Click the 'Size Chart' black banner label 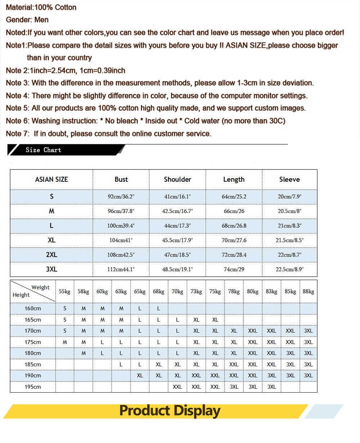coord(43,150)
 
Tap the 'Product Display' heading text coord(170,411)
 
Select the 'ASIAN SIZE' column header coord(51,179)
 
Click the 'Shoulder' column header coord(177,179)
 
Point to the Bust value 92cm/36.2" coord(121,197)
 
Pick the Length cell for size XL coord(234,240)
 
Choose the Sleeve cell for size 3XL coord(290,269)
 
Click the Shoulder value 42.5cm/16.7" coord(177,211)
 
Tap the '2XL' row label coord(51,255)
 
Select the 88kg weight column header coord(309,291)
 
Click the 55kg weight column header coord(64,291)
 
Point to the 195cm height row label coord(33,387)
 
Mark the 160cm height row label coord(33,308)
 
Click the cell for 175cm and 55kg coord(65,342)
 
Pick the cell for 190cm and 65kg coord(140,375)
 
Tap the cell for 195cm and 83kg coord(272,387)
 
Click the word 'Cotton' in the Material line coord(66,7)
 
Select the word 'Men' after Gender coord(41,20)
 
